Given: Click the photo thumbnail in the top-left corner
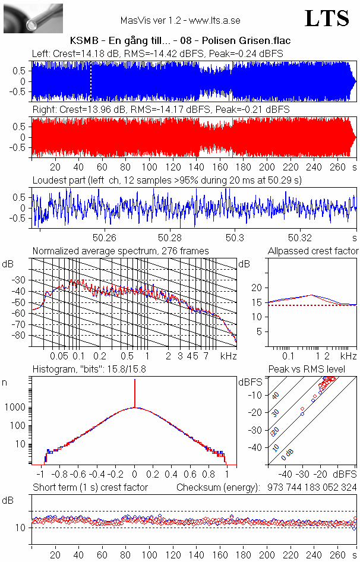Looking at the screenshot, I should pyautogui.click(x=33, y=18).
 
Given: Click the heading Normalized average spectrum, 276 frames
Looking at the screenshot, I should pyautogui.click(x=121, y=251).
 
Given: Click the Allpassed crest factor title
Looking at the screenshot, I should pyautogui.click(x=313, y=251).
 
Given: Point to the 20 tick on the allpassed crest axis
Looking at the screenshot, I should pyautogui.click(x=257, y=288).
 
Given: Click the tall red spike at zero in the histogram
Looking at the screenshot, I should pyautogui.click(x=135, y=392).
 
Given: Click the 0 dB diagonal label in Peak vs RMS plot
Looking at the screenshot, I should pyautogui.click(x=288, y=455).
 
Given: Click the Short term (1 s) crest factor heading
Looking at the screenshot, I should pyautogui.click(x=90, y=487).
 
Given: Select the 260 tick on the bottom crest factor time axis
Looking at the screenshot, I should pyautogui.click(x=337, y=555).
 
